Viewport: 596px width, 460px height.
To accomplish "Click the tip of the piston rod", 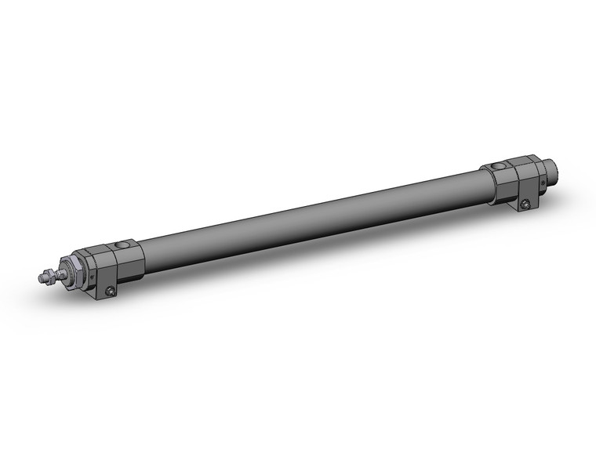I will pos(39,277).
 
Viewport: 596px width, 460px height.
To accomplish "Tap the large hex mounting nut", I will pos(74,271).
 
